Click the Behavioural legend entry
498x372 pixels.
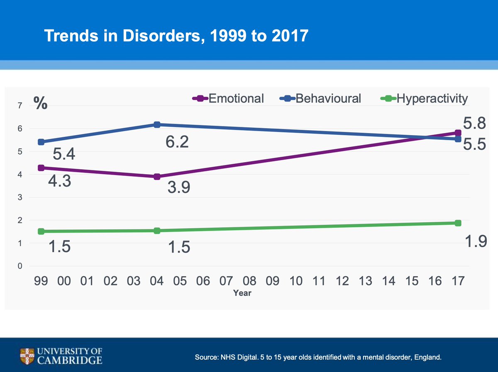tap(320, 99)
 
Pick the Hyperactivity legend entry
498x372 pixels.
tap(424, 99)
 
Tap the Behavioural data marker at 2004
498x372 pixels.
tap(157, 125)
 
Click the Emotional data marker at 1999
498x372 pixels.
tap(41, 168)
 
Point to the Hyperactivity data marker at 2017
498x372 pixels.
tap(458, 223)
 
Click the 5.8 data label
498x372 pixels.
tap(474, 123)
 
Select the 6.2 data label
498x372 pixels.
tap(177, 142)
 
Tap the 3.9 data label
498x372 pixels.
tap(179, 187)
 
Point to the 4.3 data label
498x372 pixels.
tap(60, 182)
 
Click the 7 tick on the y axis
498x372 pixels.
tap(19, 106)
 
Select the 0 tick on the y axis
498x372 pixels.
tap(19, 266)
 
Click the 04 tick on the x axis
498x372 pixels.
tap(157, 281)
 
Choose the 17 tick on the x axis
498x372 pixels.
tap(458, 281)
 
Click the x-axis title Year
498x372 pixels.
tap(242, 293)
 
